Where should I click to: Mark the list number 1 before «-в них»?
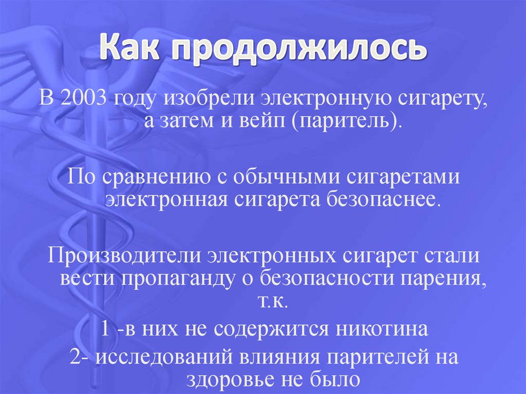[104, 329]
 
